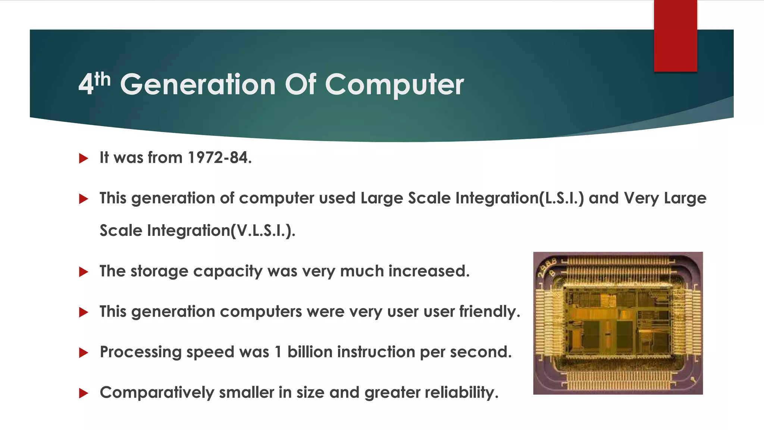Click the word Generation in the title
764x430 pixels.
198,84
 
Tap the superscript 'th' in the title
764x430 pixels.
102,80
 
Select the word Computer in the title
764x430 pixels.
394,85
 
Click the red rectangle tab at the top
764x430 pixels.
675,36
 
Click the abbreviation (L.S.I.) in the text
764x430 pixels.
562,198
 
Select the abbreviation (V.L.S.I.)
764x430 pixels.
263,230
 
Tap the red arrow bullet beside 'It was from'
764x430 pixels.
84,158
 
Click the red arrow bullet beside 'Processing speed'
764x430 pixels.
84,353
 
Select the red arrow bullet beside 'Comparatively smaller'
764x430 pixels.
84,393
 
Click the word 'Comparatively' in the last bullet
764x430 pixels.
157,393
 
